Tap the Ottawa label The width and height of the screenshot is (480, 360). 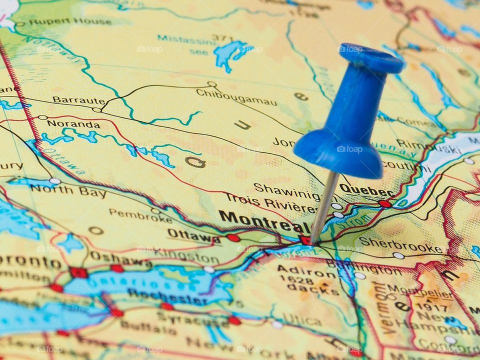point(193,235)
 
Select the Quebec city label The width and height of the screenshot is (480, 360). point(366,190)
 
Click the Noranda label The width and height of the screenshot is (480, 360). point(73,124)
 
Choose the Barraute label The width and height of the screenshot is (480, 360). point(78,100)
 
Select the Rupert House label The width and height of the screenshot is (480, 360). point(69,21)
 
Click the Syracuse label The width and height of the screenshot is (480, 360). point(192,319)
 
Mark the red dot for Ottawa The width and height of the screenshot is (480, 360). point(233,238)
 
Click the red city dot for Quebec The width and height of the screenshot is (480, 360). point(384,203)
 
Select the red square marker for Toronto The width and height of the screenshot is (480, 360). point(78,272)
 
